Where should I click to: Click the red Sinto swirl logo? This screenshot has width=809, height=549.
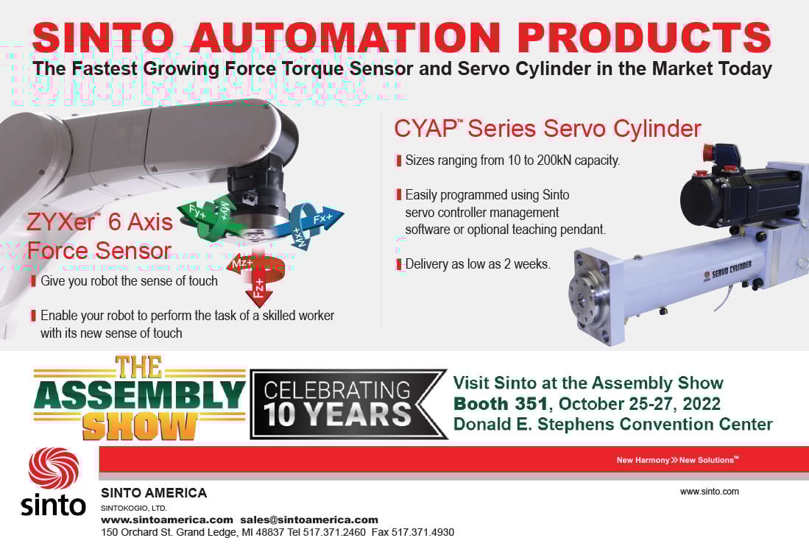[x=54, y=468]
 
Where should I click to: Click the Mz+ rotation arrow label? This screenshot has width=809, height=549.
[x=242, y=264]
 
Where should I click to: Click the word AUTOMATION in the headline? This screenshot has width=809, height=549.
[x=346, y=37]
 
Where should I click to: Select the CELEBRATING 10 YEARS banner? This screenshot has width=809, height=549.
[x=348, y=404]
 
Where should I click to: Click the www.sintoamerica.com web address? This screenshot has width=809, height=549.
[x=167, y=520]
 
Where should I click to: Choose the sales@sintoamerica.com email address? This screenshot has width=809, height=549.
[x=309, y=520]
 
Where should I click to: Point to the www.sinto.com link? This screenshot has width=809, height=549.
[x=710, y=492]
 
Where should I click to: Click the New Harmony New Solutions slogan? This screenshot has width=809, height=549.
[x=677, y=460]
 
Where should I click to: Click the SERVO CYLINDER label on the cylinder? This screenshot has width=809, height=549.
[x=732, y=269]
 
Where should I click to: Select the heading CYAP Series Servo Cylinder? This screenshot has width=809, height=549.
[x=548, y=129]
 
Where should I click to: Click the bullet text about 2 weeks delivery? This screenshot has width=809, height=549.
[x=478, y=264]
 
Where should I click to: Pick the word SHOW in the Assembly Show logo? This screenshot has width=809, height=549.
[x=139, y=427]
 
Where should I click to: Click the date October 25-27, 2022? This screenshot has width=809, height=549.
[x=639, y=403]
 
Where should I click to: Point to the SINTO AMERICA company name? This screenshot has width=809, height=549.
[x=154, y=493]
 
